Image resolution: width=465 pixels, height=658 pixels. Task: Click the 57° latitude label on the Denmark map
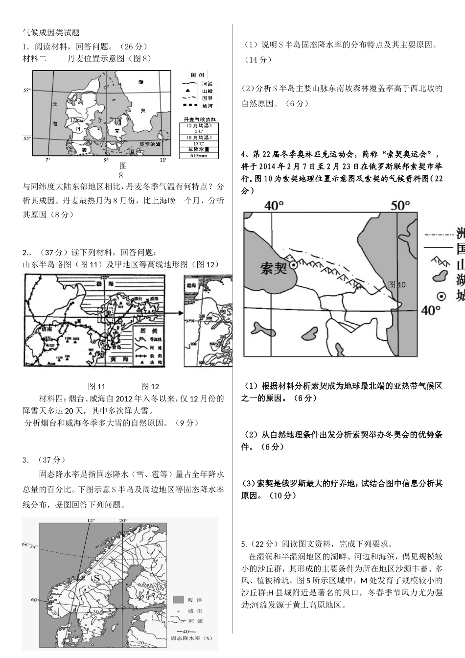point(27,91)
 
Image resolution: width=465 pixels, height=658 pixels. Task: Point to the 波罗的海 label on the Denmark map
point(150,144)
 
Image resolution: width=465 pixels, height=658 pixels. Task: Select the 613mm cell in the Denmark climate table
point(199,156)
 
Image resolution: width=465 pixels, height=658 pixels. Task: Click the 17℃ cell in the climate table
point(199,143)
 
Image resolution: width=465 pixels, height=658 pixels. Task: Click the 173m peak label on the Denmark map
point(76,120)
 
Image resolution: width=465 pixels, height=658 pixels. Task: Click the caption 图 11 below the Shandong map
point(96,386)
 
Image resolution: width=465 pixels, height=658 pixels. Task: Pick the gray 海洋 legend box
point(178,600)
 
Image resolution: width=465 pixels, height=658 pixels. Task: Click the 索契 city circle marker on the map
point(293,265)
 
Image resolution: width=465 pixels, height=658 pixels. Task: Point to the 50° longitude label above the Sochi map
point(400,205)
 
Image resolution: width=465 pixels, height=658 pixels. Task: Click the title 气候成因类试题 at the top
point(51,32)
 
